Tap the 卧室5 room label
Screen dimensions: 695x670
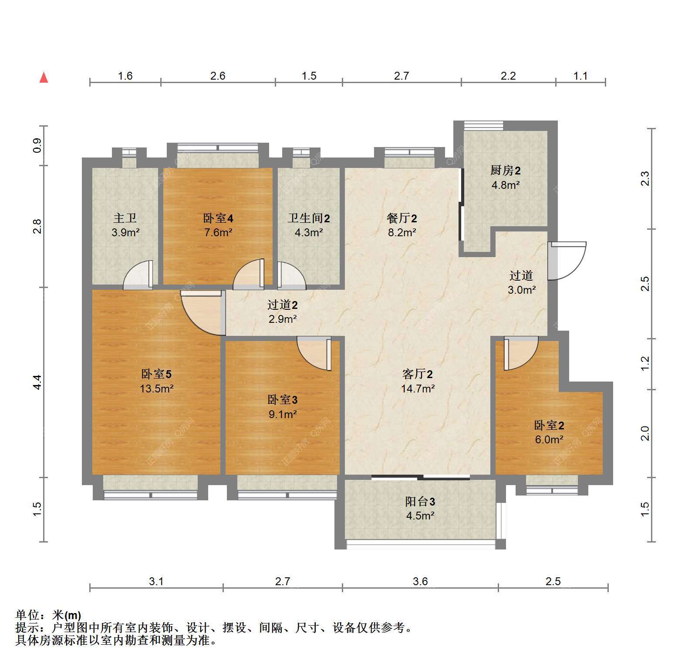(x=156, y=374)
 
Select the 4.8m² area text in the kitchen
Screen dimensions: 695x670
(x=506, y=185)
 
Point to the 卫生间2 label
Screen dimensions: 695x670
(x=309, y=218)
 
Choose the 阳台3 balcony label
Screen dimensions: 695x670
(x=420, y=502)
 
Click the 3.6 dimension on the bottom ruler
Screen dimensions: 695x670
(x=421, y=581)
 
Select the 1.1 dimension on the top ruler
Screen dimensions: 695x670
(x=580, y=76)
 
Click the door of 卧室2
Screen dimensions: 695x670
(x=521, y=353)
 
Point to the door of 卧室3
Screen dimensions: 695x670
(x=314, y=354)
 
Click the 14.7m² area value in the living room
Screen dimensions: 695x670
(x=418, y=389)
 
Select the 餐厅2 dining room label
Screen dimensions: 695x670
(x=402, y=218)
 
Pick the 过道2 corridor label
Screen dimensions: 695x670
(x=283, y=305)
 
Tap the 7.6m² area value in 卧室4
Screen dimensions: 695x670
(x=218, y=232)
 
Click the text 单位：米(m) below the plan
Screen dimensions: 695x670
(x=48, y=615)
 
